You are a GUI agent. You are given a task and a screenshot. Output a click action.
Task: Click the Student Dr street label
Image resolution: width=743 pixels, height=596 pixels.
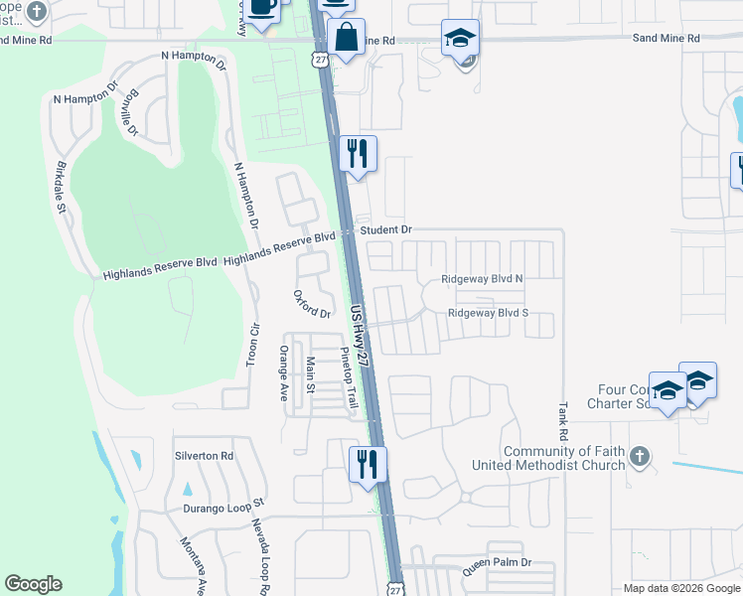tap(385, 230)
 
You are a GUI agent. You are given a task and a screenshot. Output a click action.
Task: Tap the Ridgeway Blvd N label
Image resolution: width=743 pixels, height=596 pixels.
tap(482, 279)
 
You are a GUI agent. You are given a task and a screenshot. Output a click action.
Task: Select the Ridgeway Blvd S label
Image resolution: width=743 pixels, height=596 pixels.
tap(488, 313)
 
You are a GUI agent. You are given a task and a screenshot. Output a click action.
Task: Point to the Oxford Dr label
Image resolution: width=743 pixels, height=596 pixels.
tap(311, 305)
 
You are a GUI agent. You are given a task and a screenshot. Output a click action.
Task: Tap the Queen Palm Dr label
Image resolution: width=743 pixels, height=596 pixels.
tap(497, 562)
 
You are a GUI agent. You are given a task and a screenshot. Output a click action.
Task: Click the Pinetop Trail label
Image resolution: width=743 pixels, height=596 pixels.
tap(348, 377)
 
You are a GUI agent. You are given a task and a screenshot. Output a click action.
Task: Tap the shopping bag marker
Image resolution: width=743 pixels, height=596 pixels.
tap(346, 38)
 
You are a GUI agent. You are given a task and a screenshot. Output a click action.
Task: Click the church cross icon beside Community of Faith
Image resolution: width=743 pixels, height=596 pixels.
tap(640, 457)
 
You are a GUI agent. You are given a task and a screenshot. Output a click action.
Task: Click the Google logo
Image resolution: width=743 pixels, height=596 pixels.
tap(33, 584)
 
